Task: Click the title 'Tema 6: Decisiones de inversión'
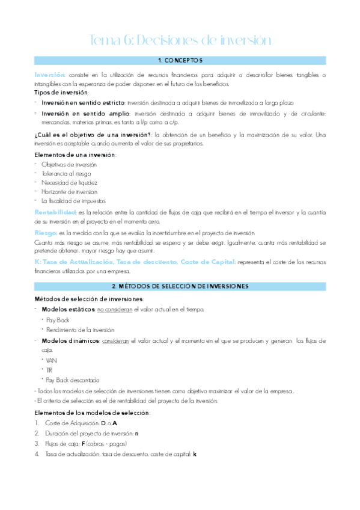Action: [x=180, y=40]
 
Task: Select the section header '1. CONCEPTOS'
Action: [x=180, y=61]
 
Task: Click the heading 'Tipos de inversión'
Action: [x=61, y=93]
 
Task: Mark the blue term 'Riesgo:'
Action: [x=46, y=233]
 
